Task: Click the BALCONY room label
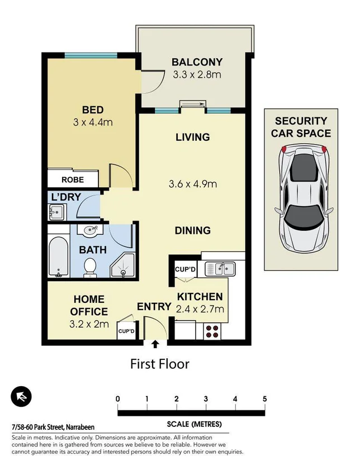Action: [x=197, y=62]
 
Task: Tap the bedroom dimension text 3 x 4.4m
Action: [x=93, y=122]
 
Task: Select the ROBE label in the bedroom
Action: [x=73, y=180]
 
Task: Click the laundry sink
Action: [x=56, y=213]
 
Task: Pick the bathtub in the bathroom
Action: [x=58, y=256]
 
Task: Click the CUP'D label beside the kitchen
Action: [x=185, y=270]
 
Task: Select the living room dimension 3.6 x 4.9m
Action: [x=193, y=183]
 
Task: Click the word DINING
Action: [x=192, y=230]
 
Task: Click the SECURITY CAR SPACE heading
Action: [x=301, y=127]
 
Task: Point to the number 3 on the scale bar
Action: [x=206, y=399]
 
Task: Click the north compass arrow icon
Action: [x=21, y=397]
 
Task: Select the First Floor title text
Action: [x=160, y=364]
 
